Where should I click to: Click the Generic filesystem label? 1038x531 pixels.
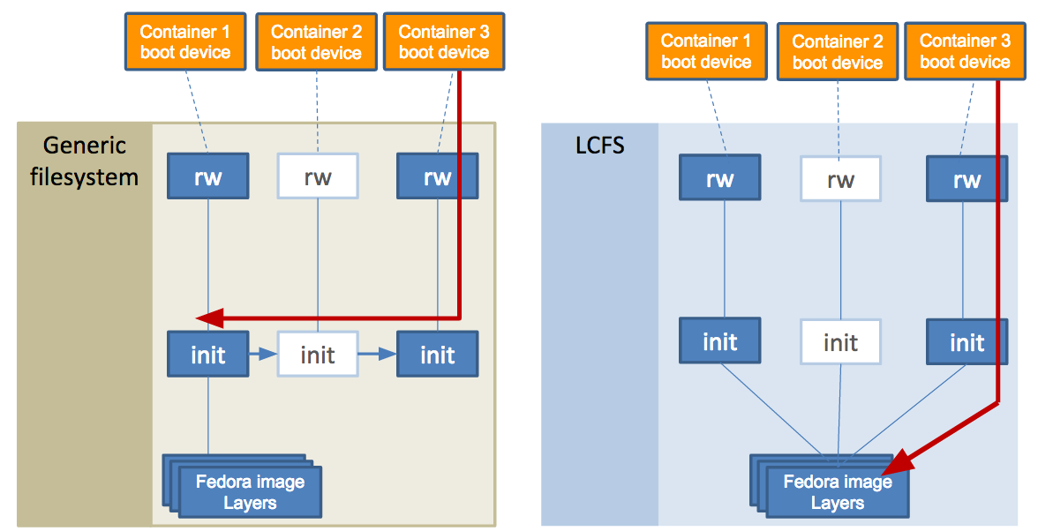coord(85,161)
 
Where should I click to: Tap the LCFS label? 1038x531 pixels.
coord(600,144)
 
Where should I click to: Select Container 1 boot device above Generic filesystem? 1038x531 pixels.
coord(185,41)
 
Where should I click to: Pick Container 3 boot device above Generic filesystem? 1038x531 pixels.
coord(444,41)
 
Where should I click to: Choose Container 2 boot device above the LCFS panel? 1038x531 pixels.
coord(838,51)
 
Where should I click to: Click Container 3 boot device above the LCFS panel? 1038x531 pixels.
coord(965,51)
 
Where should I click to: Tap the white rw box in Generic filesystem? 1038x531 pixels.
coord(318,177)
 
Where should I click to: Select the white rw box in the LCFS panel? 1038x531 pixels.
coord(840,180)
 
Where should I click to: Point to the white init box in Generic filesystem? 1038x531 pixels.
coord(318,355)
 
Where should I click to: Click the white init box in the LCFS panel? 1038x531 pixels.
coord(840,341)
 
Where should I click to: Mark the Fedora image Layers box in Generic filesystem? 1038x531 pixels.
coord(250,492)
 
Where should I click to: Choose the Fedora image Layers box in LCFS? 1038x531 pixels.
coord(837,492)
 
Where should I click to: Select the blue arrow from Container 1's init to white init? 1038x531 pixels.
coord(263,355)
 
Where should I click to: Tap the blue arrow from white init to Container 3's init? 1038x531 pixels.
coord(377,355)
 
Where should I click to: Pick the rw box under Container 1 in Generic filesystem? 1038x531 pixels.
coord(208,177)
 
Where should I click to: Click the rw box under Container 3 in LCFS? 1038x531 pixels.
coord(967,180)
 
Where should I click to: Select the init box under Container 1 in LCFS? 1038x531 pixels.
coord(720,341)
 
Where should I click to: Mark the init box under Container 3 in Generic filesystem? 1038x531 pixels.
coord(437,355)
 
